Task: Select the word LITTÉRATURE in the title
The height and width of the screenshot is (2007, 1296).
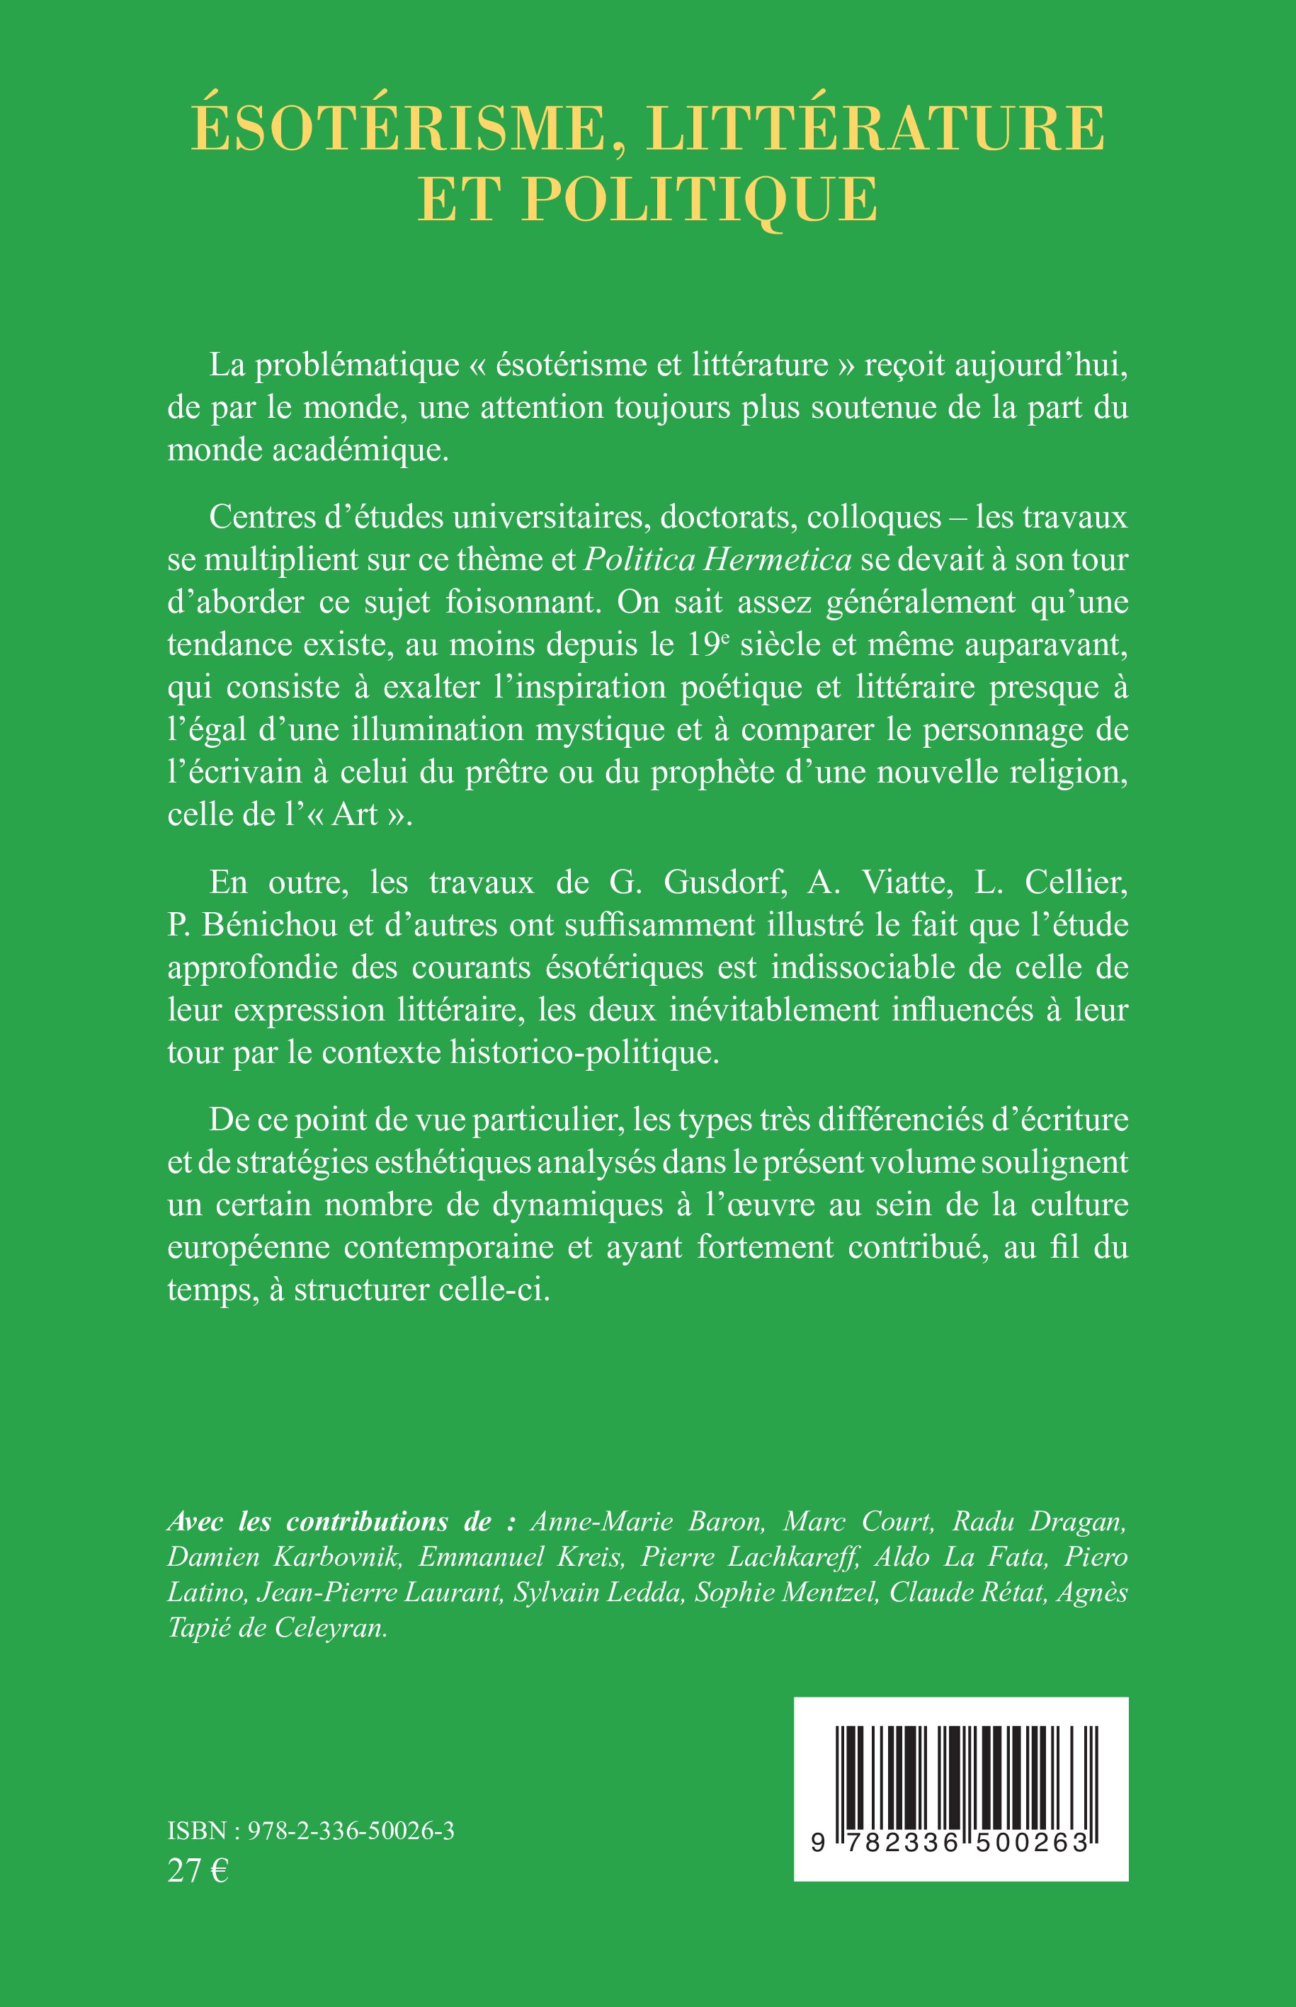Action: coord(876,129)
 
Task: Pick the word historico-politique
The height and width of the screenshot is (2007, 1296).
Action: coord(585,1053)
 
